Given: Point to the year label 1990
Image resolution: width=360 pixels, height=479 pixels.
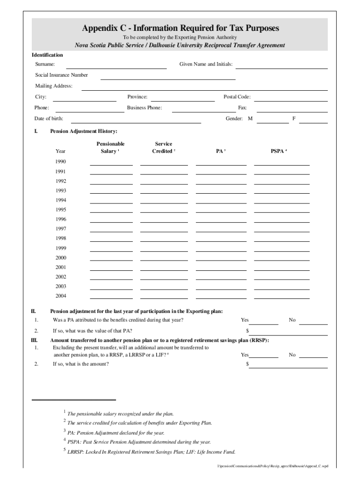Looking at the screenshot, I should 61,162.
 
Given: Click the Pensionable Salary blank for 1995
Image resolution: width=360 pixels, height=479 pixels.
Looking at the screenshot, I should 111,211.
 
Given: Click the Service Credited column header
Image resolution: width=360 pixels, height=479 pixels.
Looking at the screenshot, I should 163,147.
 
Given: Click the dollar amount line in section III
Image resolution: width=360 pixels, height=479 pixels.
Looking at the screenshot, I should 288,366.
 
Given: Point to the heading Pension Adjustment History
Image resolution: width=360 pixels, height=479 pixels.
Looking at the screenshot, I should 84,131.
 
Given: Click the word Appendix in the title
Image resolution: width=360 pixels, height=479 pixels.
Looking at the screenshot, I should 100,29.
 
